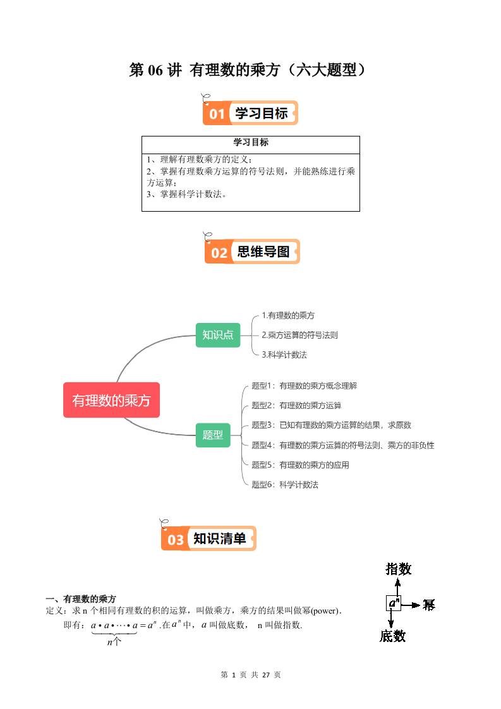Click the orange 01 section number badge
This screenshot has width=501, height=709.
click(217, 114)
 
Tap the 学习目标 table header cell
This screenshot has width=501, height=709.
click(251, 143)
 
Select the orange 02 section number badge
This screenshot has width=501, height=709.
click(219, 253)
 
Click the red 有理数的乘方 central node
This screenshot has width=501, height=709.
click(111, 400)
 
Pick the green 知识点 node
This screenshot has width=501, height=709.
click(217, 335)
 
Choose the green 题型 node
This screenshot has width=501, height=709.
click(213, 435)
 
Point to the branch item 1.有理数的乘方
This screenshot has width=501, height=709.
click(288, 315)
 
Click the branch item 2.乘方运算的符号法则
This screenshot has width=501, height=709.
click(299, 335)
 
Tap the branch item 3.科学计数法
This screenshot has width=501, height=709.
click(284, 354)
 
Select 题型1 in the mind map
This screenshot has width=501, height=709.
click(305, 385)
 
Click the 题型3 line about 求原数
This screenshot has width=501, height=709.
click(331, 425)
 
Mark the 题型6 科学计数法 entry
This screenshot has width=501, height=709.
click(285, 485)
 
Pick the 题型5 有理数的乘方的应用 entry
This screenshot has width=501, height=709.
click(300, 465)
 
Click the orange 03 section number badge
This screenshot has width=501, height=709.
click(175, 540)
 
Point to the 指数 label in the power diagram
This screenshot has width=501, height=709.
click(398, 569)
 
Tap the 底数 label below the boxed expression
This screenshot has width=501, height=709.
click(392, 636)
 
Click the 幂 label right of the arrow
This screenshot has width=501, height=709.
click(429, 605)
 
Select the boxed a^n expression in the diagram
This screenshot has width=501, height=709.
click(393, 603)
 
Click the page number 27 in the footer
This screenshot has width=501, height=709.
click(266, 675)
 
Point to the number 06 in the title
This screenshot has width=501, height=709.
click(156, 70)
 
